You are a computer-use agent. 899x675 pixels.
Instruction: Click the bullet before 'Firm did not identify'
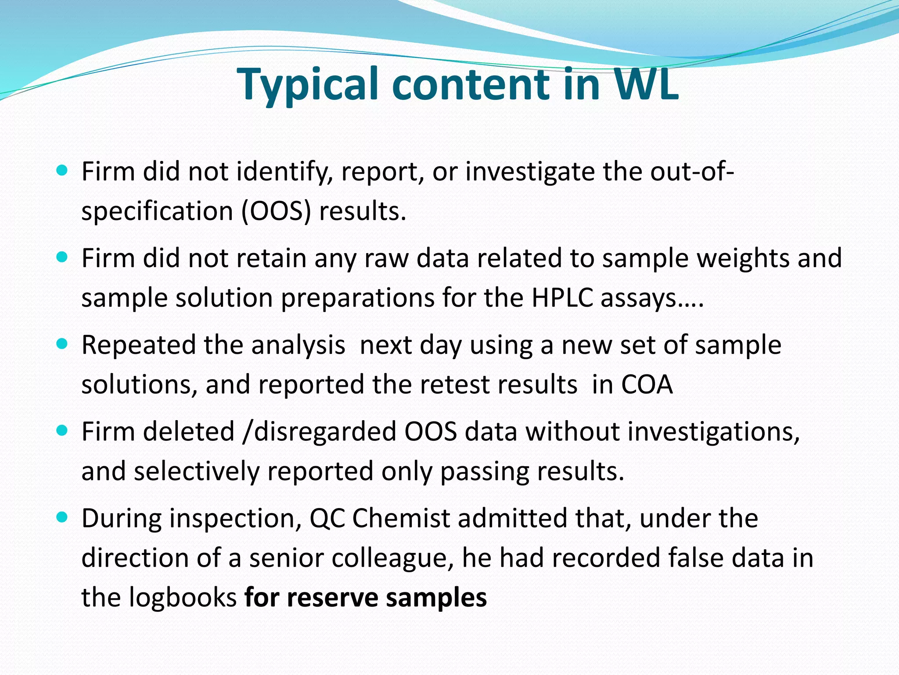click(x=62, y=171)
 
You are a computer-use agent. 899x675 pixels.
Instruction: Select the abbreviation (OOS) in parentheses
click(x=276, y=211)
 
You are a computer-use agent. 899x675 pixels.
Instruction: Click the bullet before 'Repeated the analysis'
click(x=62, y=344)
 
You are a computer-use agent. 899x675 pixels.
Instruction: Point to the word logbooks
click(x=183, y=598)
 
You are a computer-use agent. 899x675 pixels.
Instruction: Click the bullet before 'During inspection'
click(x=62, y=517)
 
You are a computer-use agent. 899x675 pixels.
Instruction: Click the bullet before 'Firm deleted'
click(x=62, y=431)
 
